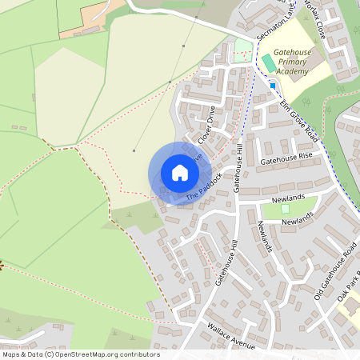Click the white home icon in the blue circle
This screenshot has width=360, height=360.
click(x=180, y=172)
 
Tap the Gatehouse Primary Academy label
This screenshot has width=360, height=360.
click(x=290, y=62)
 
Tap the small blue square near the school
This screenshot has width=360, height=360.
click(x=273, y=85)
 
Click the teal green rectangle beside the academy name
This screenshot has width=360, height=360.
click(x=268, y=62)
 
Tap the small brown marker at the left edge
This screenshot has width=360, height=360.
click(x=2, y=265)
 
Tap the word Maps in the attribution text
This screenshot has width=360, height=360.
click(x=11, y=354)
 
